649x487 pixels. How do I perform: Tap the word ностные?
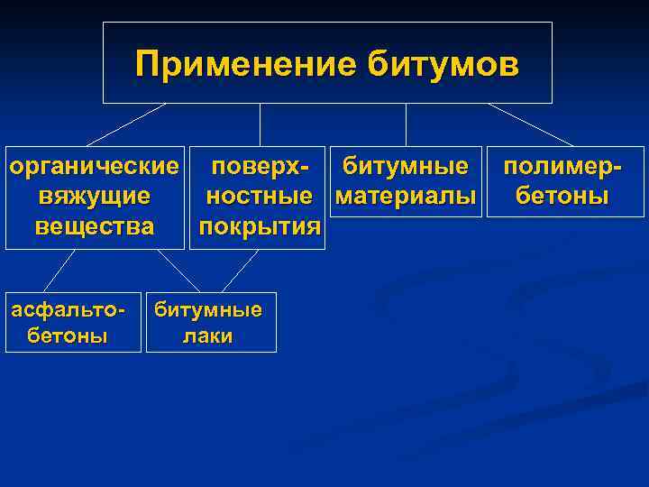260,196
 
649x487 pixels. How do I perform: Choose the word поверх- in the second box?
260,167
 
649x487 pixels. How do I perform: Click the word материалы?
405,196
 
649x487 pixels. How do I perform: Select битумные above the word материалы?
405,167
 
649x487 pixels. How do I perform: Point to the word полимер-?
562,167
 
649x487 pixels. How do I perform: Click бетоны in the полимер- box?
562,196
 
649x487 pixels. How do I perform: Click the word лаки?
207,336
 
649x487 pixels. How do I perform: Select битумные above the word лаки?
207,310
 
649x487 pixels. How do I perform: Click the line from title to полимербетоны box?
530,124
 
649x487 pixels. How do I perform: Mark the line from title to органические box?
126,124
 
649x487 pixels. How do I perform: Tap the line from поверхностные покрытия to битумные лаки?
241,271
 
